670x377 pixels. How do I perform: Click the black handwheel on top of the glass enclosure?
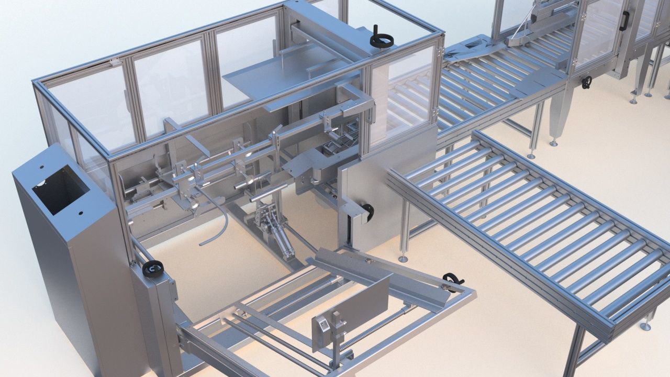pyautogui.click(x=382, y=39)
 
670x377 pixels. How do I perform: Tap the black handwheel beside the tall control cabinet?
pyautogui.click(x=152, y=269)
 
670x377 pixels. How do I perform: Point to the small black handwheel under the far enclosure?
pyautogui.click(x=586, y=82)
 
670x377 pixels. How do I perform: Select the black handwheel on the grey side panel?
pyautogui.click(x=368, y=210)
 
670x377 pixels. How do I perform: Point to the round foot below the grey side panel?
pyautogui.click(x=402, y=259)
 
